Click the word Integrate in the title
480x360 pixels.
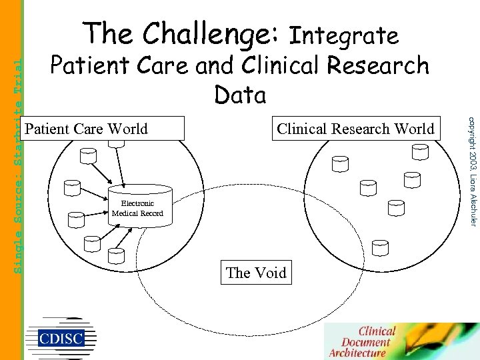tap(345, 35)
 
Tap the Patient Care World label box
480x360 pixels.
tap(103, 129)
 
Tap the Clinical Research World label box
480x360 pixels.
tap(355, 129)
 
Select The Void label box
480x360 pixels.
tap(256, 273)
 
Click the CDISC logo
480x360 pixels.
tap(61, 337)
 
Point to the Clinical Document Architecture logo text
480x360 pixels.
tap(367, 341)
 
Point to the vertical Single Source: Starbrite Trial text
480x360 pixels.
tap(18, 163)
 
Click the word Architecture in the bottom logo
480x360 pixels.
tap(357, 353)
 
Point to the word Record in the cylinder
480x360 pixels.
tap(149, 213)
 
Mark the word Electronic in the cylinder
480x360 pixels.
tap(137, 203)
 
